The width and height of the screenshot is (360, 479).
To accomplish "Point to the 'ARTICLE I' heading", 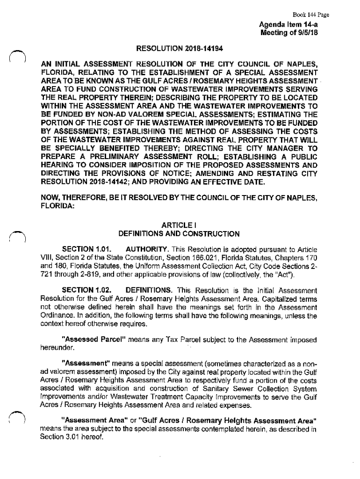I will [x=179, y=225].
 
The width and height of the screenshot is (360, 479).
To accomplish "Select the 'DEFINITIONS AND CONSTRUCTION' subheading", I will [x=179, y=233].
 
